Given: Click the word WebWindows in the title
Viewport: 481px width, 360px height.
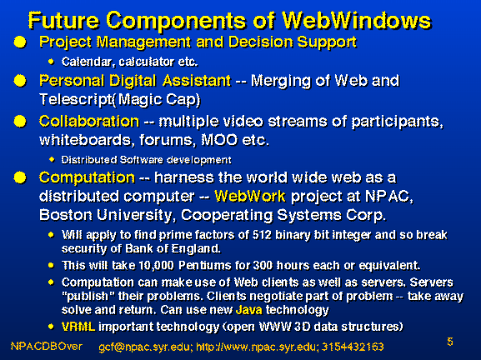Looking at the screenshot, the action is coord(357,21).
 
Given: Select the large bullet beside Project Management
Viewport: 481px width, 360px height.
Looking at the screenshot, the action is coord(20,42).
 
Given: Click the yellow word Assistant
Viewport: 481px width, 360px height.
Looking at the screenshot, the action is coord(197,81).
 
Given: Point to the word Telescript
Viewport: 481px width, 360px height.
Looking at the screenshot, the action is coord(76,100).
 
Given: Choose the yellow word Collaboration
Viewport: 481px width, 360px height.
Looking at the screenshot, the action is coord(89,121).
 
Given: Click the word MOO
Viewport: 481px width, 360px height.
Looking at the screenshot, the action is coord(219,140).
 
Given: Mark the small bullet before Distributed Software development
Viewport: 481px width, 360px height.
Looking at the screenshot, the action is coord(52,159).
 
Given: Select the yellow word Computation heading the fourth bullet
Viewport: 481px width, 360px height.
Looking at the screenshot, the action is coord(88,177).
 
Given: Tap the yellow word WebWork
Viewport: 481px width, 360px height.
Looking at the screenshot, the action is coord(250,197).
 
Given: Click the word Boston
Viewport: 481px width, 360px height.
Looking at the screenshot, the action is coord(66,215).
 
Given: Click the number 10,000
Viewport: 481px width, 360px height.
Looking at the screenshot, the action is coord(156,265).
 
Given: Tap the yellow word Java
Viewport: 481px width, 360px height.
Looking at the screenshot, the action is coord(249,310).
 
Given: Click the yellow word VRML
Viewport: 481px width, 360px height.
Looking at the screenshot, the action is coord(78,327).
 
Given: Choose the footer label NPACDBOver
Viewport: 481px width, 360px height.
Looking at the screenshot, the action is coord(47,347).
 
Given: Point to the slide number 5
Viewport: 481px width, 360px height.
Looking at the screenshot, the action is coord(450,342).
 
